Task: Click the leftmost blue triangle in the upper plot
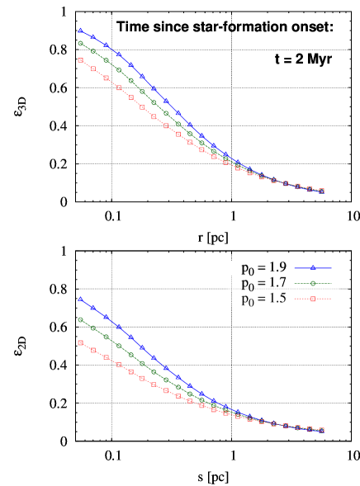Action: tap(80, 31)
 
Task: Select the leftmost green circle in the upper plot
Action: tap(80, 43)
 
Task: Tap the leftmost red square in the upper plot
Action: tap(80, 60)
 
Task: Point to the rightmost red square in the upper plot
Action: tap(321, 191)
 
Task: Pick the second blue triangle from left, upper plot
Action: tap(92, 37)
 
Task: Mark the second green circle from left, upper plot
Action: tap(92, 51)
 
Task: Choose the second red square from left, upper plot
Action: tap(92, 68)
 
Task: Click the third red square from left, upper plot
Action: tap(106, 78)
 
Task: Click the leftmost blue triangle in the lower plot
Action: tap(80, 299)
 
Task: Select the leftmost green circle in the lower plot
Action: tap(80, 319)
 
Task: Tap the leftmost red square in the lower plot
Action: tap(80, 342)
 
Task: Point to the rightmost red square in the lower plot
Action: tap(321, 430)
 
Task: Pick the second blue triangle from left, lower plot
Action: tap(92, 308)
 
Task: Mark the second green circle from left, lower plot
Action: tap(92, 328)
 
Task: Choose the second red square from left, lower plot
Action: tap(92, 350)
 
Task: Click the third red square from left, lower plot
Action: tap(106, 357)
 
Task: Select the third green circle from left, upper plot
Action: tap(106, 60)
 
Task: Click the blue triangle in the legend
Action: tap(313, 267)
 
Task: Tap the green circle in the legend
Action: tap(313, 283)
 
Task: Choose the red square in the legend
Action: tap(313, 299)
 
